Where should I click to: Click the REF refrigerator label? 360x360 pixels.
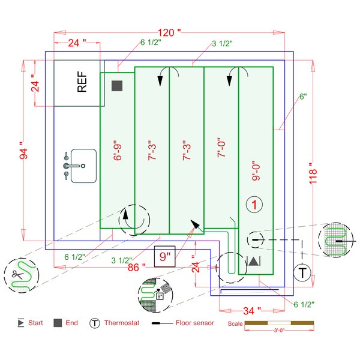(82, 83)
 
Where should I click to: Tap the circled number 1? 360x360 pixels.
(256, 205)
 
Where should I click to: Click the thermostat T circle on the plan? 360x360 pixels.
(303, 272)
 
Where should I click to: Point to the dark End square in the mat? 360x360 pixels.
(117, 86)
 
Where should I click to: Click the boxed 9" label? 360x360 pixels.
(164, 257)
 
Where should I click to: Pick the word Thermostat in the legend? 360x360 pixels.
(122, 323)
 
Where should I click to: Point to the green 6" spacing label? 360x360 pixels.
(303, 97)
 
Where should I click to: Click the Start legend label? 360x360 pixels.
(35, 323)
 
